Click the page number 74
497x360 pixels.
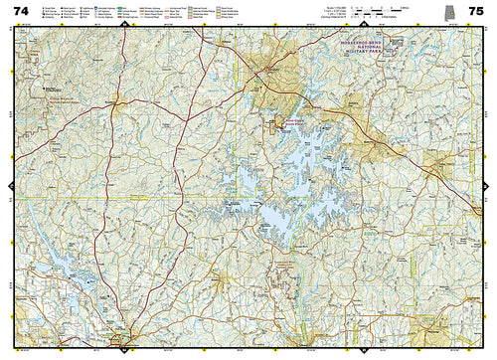coord(21,12)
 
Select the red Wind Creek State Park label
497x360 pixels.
coord(288,123)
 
